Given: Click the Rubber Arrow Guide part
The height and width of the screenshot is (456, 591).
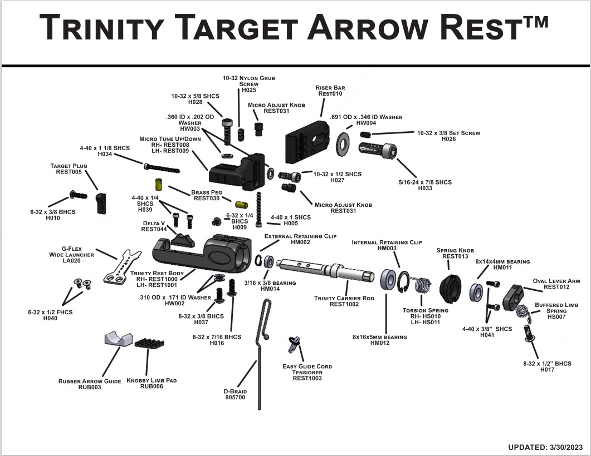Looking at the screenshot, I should [118, 339].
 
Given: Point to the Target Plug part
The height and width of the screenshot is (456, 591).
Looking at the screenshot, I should [101, 202].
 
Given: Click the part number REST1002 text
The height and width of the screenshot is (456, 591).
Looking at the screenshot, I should [344, 304].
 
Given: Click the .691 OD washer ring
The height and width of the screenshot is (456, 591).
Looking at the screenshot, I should [343, 143].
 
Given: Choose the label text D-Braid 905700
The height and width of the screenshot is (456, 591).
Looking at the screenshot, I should [235, 394].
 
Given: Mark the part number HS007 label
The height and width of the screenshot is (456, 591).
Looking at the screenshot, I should [555, 317].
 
